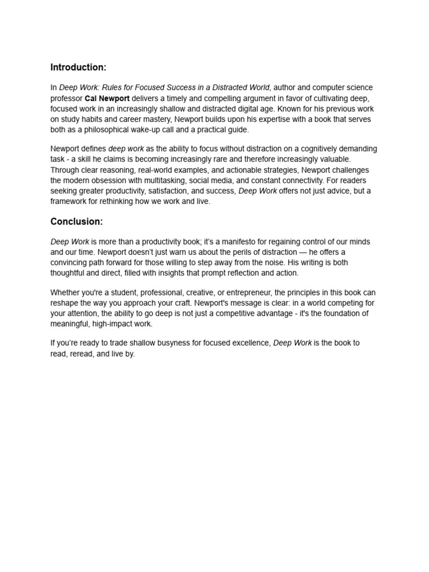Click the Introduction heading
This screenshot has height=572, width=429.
(78, 68)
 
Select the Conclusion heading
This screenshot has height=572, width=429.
(77, 222)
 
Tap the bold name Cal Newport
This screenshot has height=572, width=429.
(107, 98)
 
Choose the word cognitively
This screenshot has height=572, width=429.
(299, 149)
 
